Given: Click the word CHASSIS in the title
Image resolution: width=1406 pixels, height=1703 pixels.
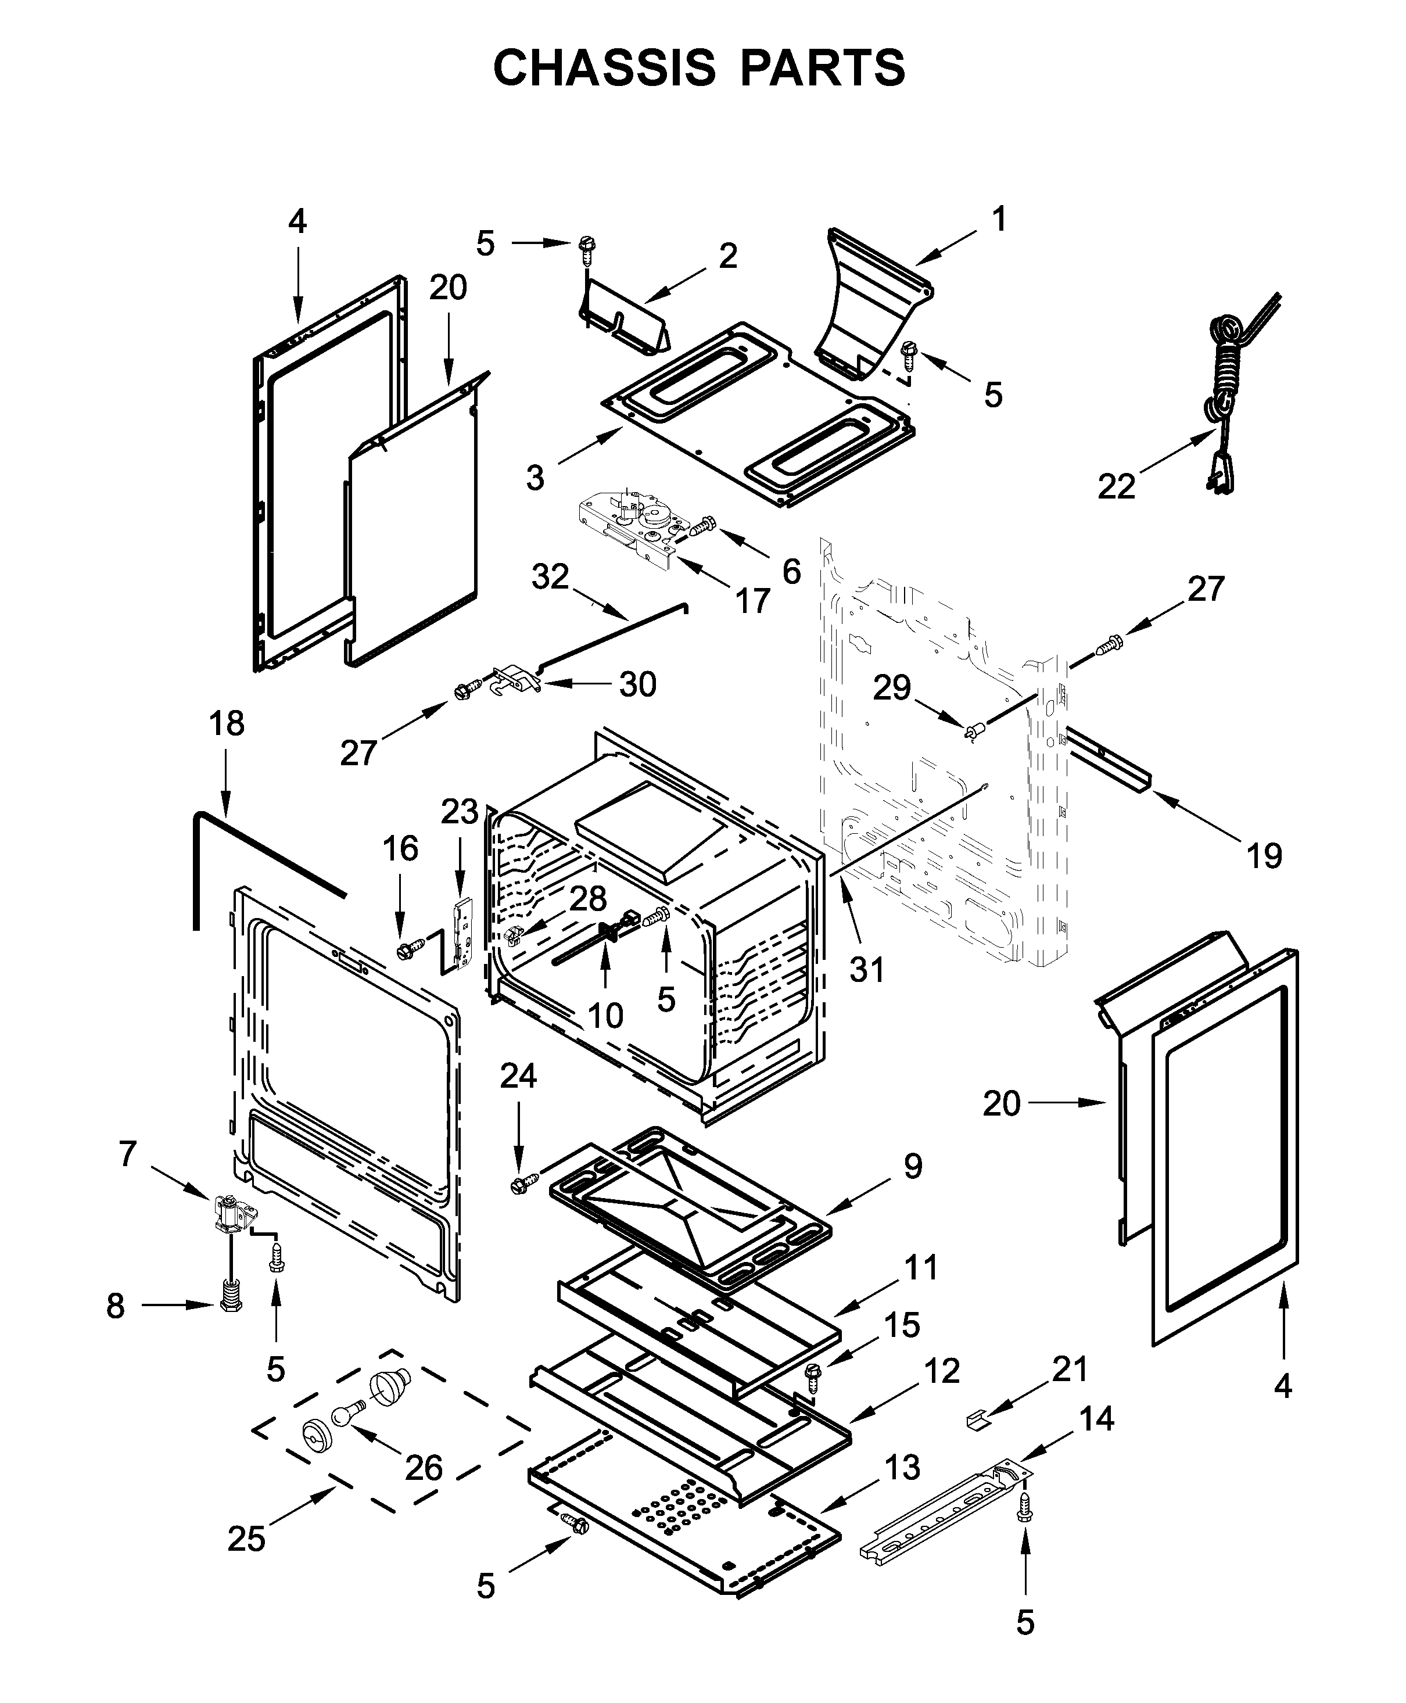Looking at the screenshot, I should (x=604, y=67).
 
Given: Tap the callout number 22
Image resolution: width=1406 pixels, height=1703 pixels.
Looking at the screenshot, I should (x=1116, y=487).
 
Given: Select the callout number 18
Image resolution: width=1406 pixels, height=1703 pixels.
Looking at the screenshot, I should (x=226, y=724).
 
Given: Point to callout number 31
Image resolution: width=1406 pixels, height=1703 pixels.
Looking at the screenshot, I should (x=867, y=969).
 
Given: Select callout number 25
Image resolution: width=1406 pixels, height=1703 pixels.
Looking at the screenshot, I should (x=246, y=1539).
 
